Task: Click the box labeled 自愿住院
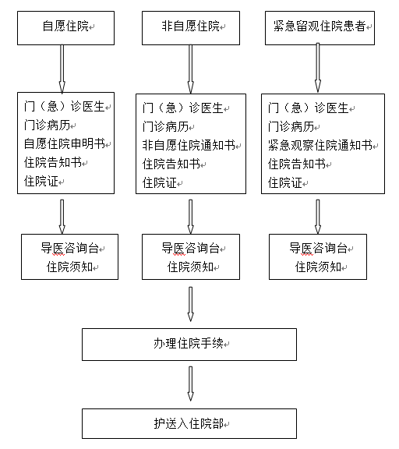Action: pos(65,28)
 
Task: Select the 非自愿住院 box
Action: pos(191,28)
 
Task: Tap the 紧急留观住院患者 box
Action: pos(320,28)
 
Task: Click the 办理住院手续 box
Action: pos(189,345)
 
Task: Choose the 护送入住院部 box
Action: pos(189,423)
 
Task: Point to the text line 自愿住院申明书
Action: pos(65,143)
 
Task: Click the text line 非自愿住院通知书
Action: pos(189,145)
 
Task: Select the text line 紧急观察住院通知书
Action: pos(320,145)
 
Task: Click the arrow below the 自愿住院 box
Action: pos(62,69)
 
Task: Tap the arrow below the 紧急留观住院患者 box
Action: pos(318,68)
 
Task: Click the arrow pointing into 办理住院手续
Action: pos(191,304)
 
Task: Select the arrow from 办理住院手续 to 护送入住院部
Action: pos(191,384)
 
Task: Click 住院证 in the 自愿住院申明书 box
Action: pos(41,182)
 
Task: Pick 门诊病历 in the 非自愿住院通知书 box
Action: pos(166,126)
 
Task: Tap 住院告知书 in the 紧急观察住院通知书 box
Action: pos(297,164)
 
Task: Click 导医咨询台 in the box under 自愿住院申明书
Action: pos(70,248)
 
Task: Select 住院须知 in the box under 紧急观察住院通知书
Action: pos(318,267)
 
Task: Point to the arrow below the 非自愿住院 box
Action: pos(191,69)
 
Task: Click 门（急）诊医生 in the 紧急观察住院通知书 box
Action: pos(309,108)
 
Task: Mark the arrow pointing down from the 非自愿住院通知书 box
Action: pos(191,217)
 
